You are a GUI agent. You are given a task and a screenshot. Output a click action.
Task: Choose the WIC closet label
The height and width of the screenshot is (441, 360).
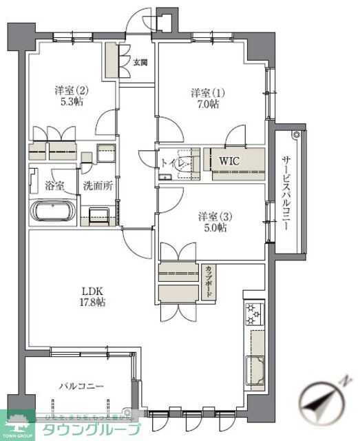pyautogui.click(x=229, y=160)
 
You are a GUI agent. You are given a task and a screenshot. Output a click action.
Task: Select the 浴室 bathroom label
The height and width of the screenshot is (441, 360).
pyautogui.click(x=54, y=186)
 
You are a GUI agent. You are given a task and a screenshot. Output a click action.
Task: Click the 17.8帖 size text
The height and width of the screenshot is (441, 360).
pyautogui.click(x=91, y=302)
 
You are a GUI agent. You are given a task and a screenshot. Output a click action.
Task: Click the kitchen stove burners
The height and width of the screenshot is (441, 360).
pyautogui.click(x=254, y=314)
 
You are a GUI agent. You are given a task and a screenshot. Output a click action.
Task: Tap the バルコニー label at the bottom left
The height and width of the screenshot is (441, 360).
pyautogui.click(x=76, y=386)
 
